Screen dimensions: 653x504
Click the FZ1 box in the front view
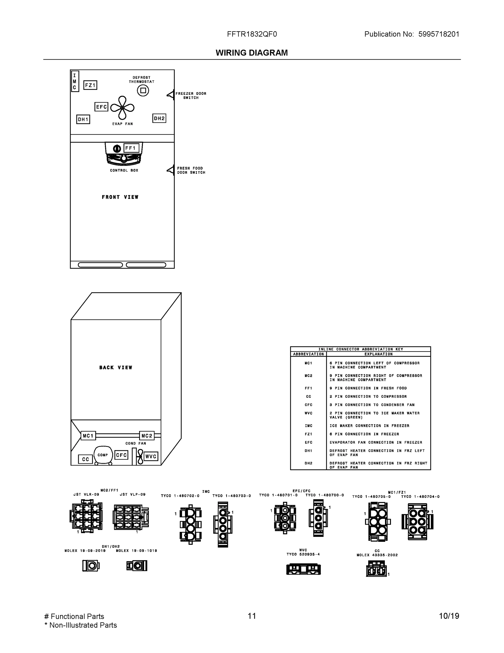[x=90, y=85]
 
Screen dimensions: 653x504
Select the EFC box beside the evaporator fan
[x=101, y=107]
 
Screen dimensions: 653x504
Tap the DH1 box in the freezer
[x=83, y=119]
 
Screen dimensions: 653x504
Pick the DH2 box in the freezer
[x=159, y=118]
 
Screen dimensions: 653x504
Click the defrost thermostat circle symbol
[x=143, y=90]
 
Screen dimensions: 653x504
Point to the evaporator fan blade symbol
[x=122, y=108]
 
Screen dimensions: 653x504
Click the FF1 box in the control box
[x=131, y=148]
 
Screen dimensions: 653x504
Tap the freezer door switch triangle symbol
[x=170, y=95]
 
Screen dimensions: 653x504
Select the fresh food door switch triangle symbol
[x=170, y=170]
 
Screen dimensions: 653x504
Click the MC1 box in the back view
[x=88, y=436]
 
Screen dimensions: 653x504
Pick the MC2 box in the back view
[x=147, y=436]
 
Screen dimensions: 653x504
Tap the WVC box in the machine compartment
[x=151, y=456]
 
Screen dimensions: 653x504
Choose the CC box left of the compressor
[x=85, y=459]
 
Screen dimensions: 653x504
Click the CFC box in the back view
[x=121, y=455]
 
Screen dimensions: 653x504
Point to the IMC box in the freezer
[x=75, y=81]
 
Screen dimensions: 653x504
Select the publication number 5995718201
[x=439, y=34]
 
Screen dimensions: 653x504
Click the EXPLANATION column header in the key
[x=378, y=354]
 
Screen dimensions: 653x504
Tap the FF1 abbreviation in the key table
[x=308, y=388]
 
